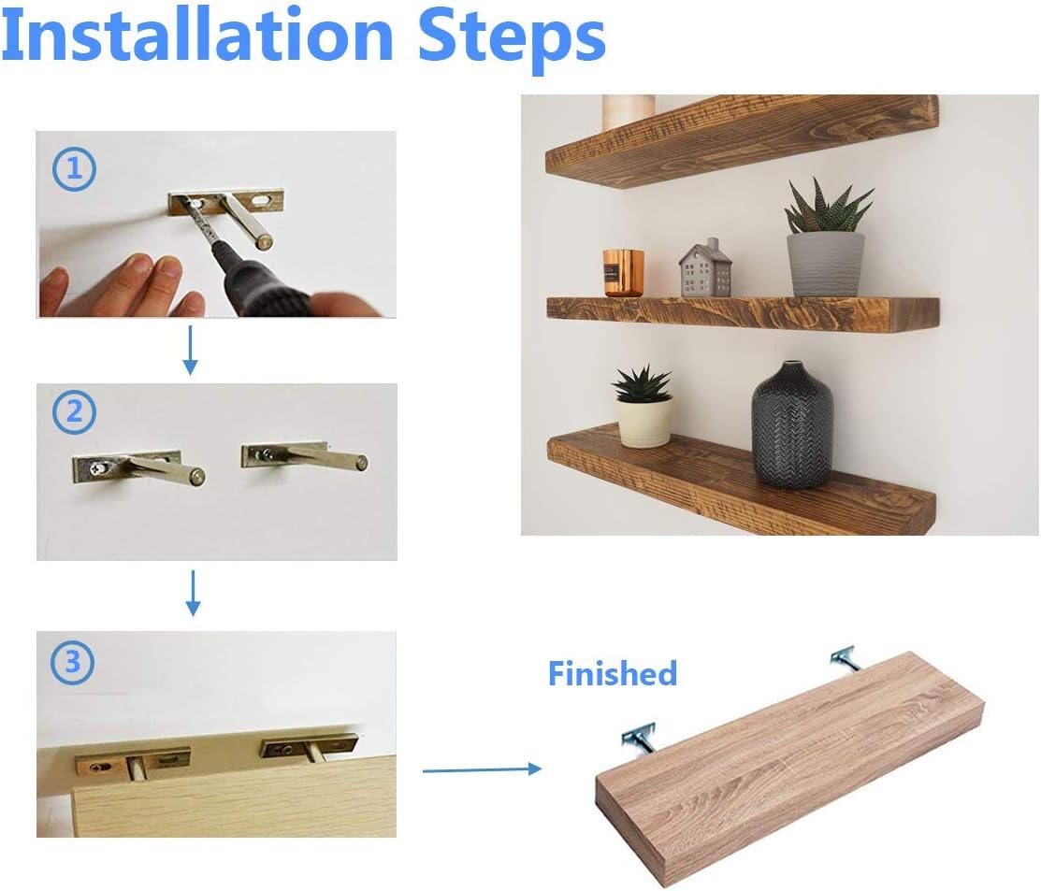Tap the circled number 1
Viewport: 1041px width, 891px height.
coord(75,168)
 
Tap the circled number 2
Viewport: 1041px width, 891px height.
coord(75,412)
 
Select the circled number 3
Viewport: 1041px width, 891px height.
coord(72,661)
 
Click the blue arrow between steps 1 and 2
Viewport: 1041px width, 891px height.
coord(191,351)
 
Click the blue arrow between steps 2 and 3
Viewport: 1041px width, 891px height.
coord(193,593)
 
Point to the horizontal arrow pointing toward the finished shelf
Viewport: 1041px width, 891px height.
coord(482,769)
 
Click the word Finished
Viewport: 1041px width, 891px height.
coord(612,673)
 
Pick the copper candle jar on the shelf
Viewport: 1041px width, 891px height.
coord(624,273)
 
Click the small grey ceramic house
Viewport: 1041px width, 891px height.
coord(705,267)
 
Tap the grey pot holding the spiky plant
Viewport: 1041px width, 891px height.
coord(825,264)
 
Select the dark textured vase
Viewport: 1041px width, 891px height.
coord(792,425)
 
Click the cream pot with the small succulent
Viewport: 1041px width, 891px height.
coord(644,421)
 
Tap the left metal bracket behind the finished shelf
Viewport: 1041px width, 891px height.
coord(641,740)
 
